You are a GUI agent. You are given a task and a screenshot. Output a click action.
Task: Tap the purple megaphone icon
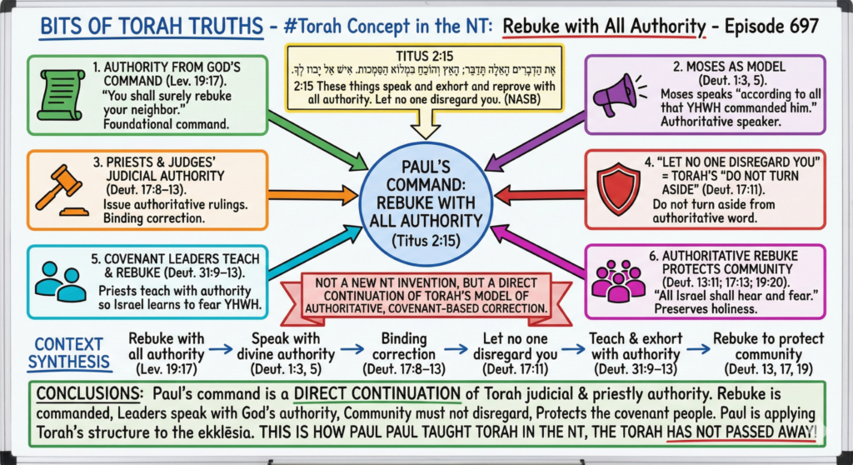pyautogui.click(x=616, y=93)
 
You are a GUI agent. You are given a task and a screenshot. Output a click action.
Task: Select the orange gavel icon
pyautogui.click(x=55, y=187)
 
